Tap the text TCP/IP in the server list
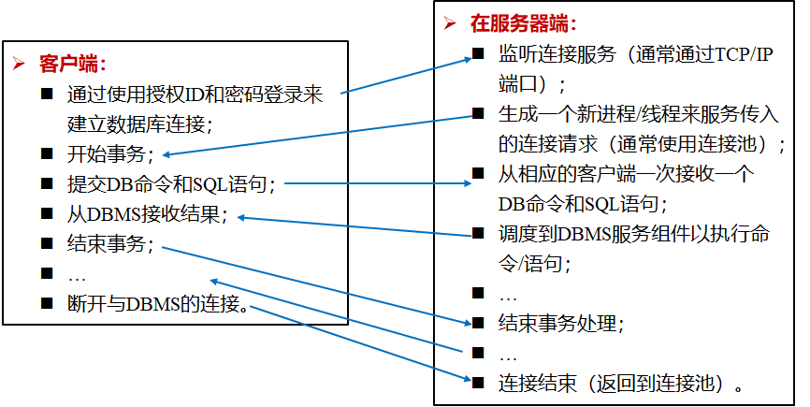coord(732,53)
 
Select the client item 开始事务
coord(108,154)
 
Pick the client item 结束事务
coord(108,245)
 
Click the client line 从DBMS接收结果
coord(147,214)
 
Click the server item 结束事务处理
coord(559,324)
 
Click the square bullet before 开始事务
coord(47,153)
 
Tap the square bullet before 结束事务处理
coord(478,323)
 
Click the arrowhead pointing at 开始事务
coord(167,154)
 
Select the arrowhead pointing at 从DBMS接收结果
coord(241,217)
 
